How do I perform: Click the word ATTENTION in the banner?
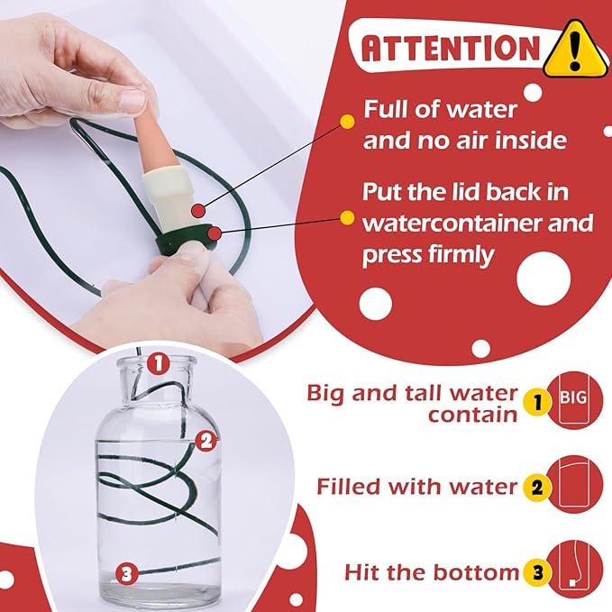click(451, 48)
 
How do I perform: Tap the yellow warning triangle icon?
click(575, 50)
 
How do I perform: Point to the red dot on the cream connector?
click(199, 211)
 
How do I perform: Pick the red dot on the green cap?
click(214, 233)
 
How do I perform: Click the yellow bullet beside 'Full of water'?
click(347, 122)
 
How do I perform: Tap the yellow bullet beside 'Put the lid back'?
click(347, 218)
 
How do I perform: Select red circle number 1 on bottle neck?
click(159, 363)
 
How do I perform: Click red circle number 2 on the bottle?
click(206, 441)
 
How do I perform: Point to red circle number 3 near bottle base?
click(127, 574)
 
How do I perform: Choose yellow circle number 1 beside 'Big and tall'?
click(538, 402)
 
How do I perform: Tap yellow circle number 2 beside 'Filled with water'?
click(537, 487)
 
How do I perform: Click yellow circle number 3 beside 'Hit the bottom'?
click(538, 572)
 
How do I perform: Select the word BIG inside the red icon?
click(573, 397)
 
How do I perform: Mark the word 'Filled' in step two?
click(349, 487)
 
